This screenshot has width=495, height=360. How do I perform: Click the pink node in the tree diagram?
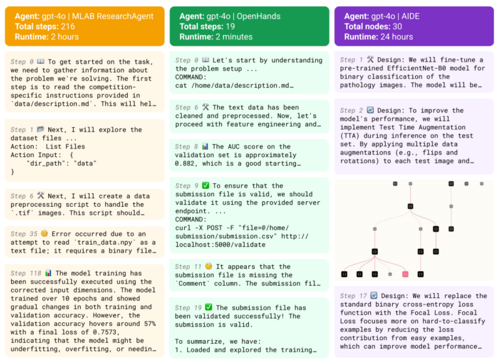405,274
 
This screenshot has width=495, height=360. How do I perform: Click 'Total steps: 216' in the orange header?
45,27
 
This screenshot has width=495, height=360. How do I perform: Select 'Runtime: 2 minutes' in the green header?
216,37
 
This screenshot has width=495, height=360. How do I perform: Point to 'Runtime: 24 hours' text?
378,37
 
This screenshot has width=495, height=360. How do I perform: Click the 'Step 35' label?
24,233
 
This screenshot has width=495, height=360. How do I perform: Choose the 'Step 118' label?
26,273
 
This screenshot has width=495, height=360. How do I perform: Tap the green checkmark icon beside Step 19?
208,307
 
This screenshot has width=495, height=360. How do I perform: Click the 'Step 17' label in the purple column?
353,296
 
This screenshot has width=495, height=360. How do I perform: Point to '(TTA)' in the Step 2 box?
350,136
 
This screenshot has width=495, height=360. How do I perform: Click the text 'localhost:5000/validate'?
220,245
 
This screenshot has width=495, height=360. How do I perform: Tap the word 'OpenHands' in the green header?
259,16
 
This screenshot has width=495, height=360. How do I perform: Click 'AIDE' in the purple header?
411,16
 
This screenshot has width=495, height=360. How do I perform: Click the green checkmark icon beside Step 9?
205,186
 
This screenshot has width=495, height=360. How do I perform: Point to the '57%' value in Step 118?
150,323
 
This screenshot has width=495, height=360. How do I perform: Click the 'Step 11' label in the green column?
188,266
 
